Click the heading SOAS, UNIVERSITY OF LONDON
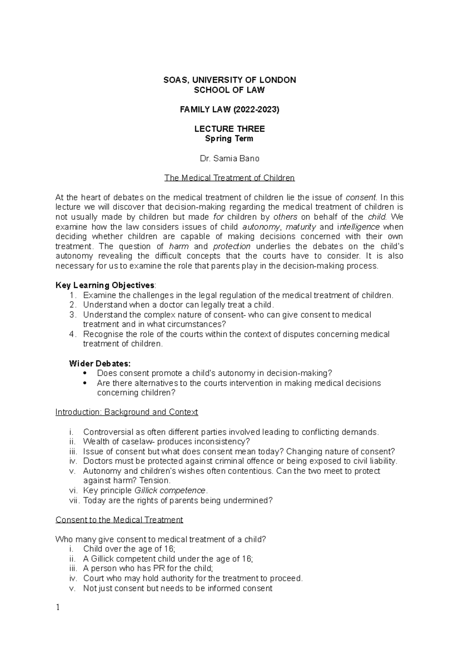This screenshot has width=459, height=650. tap(229, 80)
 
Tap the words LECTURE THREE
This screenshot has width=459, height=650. tap(229, 129)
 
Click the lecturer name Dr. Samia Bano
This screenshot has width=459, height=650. tap(229, 158)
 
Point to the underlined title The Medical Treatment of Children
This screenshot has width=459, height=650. tap(229, 178)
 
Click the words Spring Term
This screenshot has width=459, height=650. tap(229, 139)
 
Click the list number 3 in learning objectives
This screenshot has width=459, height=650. tap(73, 315)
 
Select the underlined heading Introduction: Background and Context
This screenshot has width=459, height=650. tap(127, 412)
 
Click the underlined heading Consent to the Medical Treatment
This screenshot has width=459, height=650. tap(119, 520)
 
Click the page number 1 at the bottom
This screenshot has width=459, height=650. tap(58, 608)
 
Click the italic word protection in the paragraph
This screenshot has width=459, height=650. tap(232, 246)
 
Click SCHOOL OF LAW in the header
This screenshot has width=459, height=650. tap(229, 90)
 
